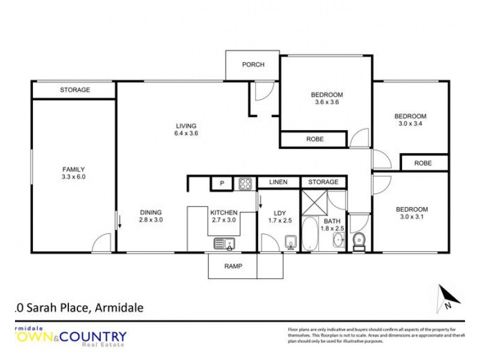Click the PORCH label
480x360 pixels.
tap(253, 65)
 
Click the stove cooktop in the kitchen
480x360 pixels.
tap(245, 184)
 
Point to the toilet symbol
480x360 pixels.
tap(359, 241)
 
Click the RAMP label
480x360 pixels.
tap(233, 266)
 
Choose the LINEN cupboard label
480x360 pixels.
tap(278, 182)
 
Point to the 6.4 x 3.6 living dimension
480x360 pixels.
tap(186, 133)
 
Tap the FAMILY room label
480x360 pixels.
tap(73, 169)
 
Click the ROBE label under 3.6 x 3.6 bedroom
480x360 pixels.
tap(314, 139)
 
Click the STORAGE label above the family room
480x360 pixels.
tap(74, 90)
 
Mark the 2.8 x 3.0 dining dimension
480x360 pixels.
tap(151, 220)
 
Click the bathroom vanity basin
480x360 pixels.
tap(338, 239)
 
